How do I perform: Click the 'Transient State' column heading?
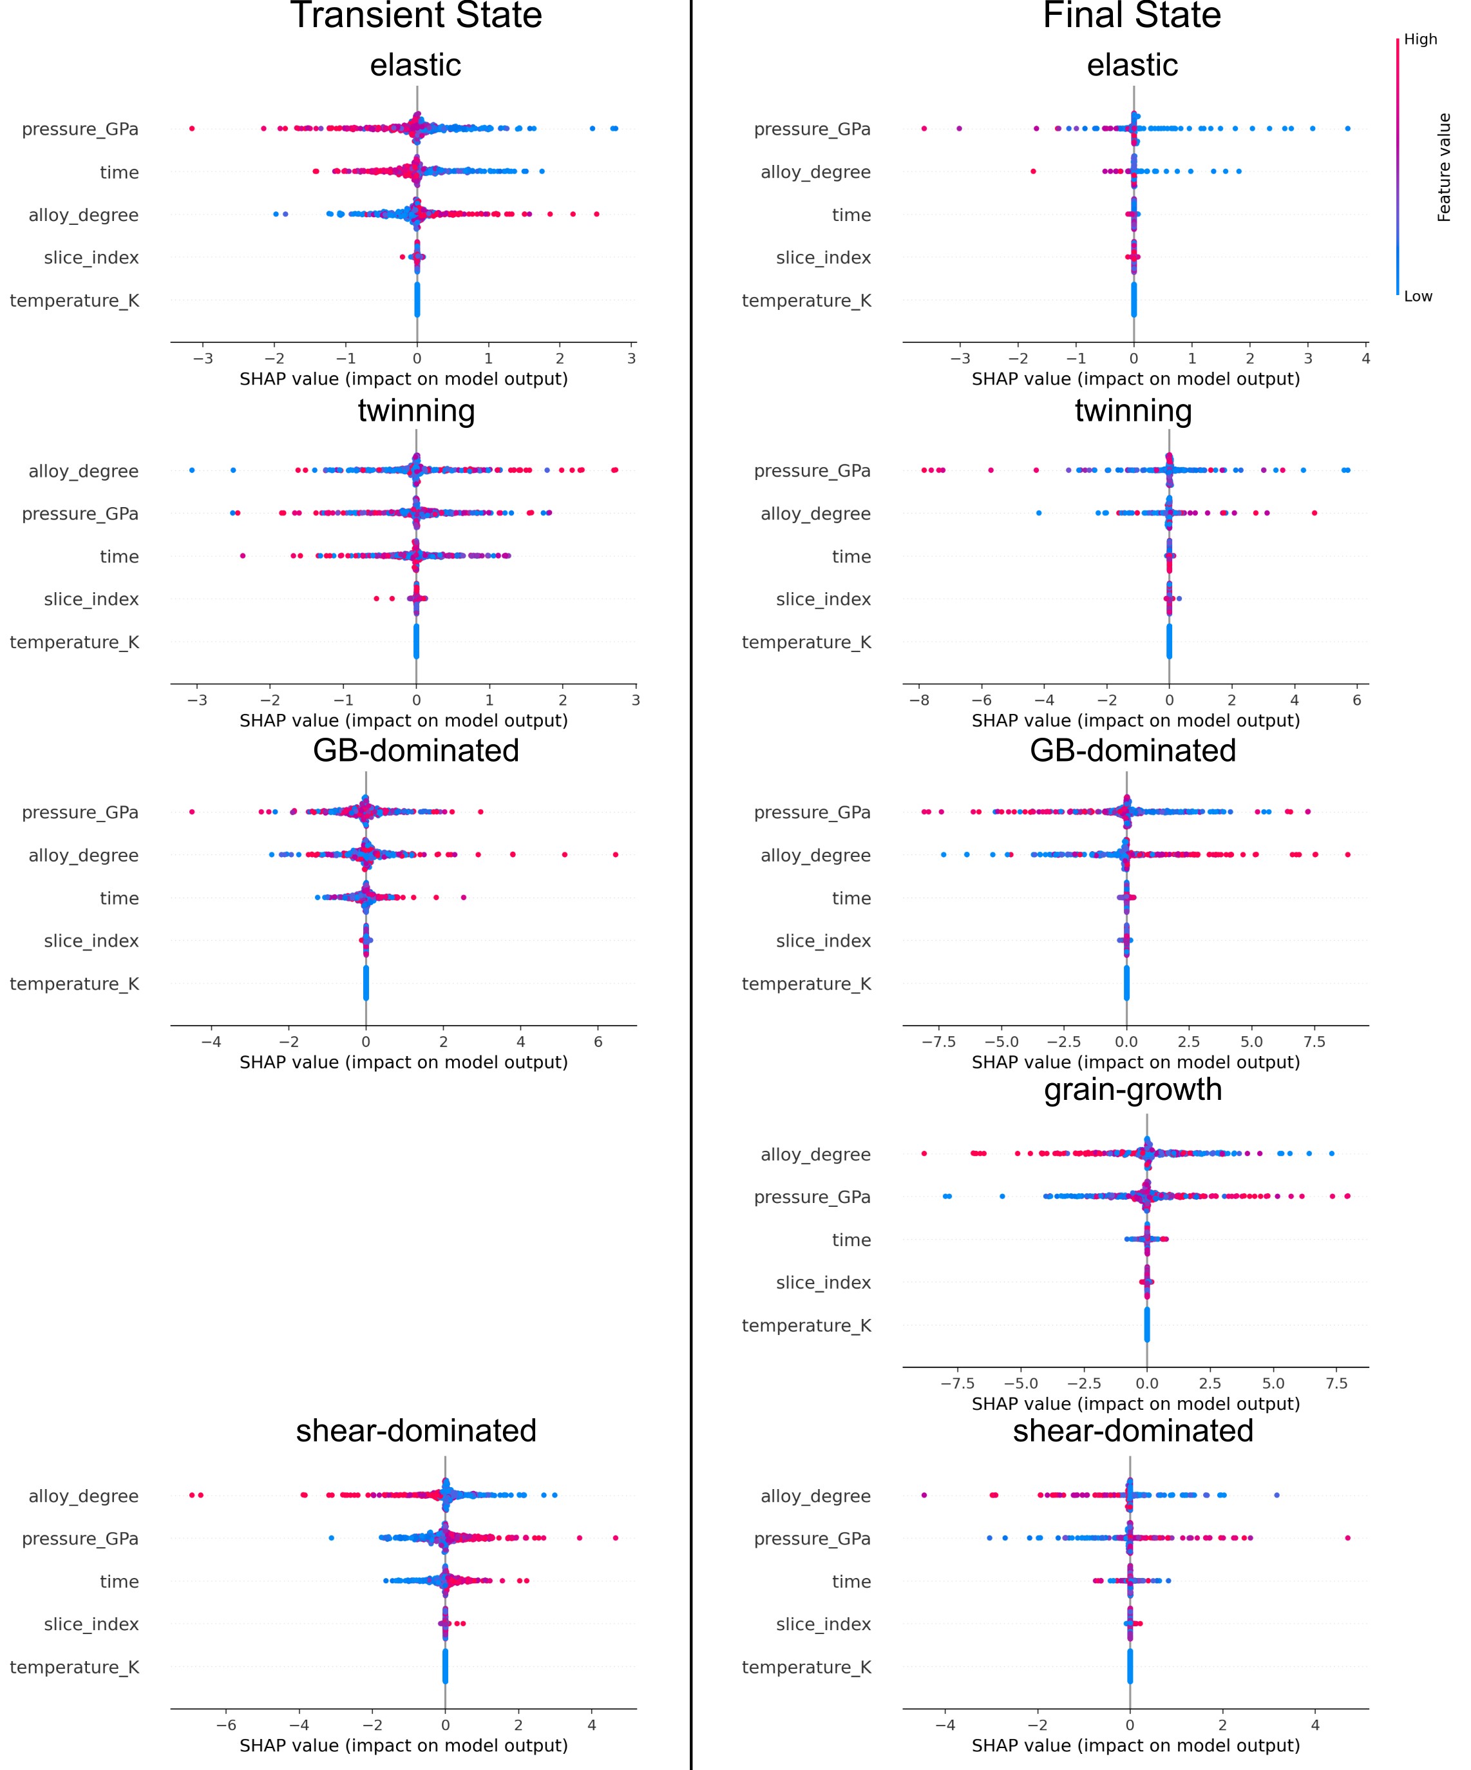pyautogui.click(x=415, y=16)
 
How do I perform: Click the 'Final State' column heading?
pyautogui.click(x=1132, y=16)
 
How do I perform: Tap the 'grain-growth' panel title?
pyautogui.click(x=1132, y=1089)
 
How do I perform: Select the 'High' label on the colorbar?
pyautogui.click(x=1421, y=39)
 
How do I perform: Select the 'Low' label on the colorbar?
pyautogui.click(x=1418, y=296)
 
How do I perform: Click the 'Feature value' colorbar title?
pyautogui.click(x=1444, y=168)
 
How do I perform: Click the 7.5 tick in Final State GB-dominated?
pyautogui.click(x=1314, y=1042)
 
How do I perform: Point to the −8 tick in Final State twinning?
pyautogui.click(x=919, y=700)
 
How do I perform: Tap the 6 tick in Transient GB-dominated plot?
pyautogui.click(x=598, y=1042)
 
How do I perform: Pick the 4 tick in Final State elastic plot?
pyautogui.click(x=1365, y=358)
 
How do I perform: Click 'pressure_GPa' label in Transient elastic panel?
pyautogui.click(x=80, y=129)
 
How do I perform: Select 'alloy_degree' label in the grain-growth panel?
pyautogui.click(x=815, y=1155)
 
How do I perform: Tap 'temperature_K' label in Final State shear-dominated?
pyautogui.click(x=806, y=1667)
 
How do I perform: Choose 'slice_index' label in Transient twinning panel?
pyautogui.click(x=91, y=599)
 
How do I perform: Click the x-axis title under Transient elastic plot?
pyautogui.click(x=404, y=380)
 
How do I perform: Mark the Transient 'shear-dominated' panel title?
pyautogui.click(x=415, y=1431)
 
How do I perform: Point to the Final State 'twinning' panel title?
pyautogui.click(x=1132, y=410)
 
